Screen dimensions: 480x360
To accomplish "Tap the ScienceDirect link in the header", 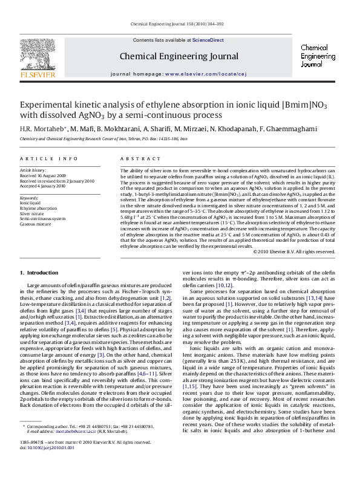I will click(208, 40).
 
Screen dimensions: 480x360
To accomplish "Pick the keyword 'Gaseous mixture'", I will click(36, 224).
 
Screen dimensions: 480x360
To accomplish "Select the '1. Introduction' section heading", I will click(39, 273).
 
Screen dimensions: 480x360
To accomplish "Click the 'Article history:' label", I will click(33, 170).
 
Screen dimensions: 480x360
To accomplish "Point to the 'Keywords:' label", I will click(29, 198).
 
